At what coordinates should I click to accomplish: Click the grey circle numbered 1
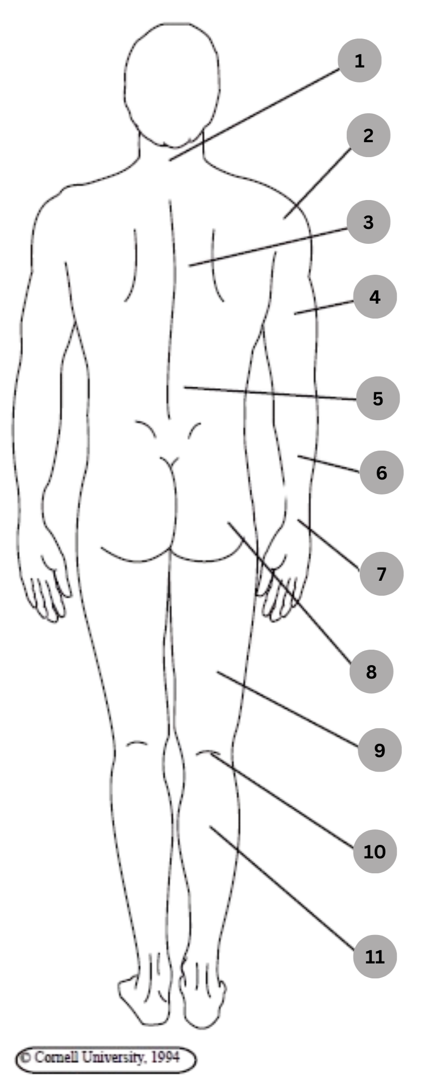click(359, 61)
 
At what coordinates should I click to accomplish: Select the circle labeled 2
click(368, 135)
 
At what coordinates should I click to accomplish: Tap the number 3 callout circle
click(368, 222)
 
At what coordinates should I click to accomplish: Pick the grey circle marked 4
click(375, 297)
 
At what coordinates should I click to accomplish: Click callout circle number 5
click(378, 399)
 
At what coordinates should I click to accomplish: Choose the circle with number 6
click(381, 473)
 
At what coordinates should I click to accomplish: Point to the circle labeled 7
click(381, 574)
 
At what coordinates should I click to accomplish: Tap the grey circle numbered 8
click(371, 671)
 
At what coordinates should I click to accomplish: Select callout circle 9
click(380, 750)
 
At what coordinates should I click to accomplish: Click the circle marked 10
click(375, 852)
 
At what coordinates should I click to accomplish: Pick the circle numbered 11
click(375, 956)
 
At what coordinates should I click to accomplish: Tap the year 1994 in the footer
click(165, 1057)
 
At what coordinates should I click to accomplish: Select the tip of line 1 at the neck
click(170, 160)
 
